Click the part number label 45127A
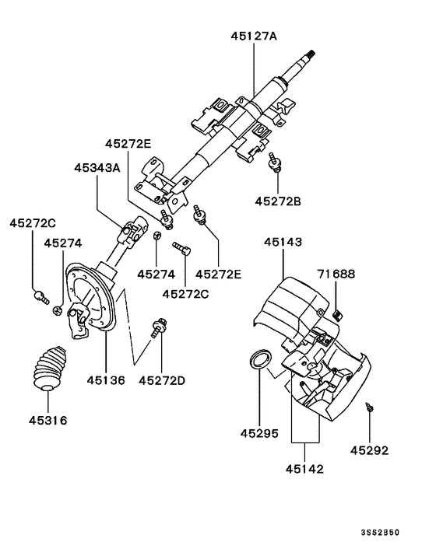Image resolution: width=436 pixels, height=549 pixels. [x=255, y=35]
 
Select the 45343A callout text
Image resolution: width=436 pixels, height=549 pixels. [x=97, y=167]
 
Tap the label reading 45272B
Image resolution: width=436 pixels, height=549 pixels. [x=277, y=201]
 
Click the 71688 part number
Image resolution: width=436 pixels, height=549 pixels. [x=336, y=274]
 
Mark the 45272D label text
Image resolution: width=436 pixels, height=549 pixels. [x=162, y=380]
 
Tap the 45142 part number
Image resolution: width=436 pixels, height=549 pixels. [x=304, y=469]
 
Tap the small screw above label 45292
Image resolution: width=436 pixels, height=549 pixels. [x=370, y=407]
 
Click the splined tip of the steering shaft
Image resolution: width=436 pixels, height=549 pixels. [x=311, y=55]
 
